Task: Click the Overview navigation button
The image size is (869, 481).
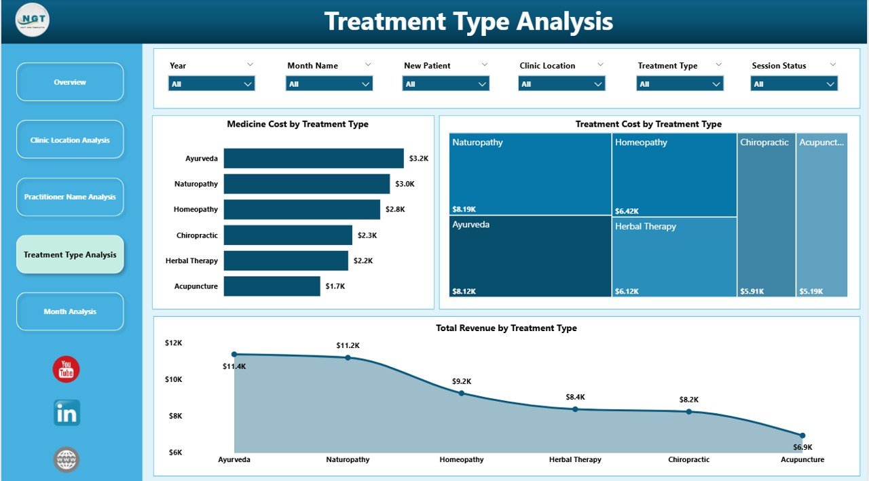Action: click(x=70, y=82)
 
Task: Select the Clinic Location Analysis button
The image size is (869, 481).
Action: click(x=70, y=140)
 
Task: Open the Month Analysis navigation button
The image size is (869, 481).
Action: click(x=70, y=311)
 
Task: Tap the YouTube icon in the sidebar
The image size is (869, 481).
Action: click(x=67, y=369)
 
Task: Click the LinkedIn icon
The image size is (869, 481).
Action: click(x=67, y=412)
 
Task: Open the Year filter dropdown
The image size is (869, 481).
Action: click(x=211, y=84)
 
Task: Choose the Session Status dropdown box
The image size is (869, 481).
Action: click(x=794, y=84)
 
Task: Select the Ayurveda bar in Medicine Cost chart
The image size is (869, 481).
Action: click(x=313, y=158)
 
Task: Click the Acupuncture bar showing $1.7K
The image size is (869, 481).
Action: click(x=272, y=286)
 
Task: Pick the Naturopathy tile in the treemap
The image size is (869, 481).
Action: click(x=530, y=174)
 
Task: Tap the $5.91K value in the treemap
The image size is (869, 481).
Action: click(x=752, y=291)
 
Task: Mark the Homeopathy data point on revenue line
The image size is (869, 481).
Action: click(x=462, y=393)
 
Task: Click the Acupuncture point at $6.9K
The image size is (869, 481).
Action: click(x=802, y=436)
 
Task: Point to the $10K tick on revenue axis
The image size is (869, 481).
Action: click(x=173, y=379)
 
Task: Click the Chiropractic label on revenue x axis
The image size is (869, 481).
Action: click(x=688, y=459)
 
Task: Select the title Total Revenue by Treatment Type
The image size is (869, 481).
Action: click(x=506, y=328)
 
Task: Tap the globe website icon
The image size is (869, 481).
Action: click(x=67, y=459)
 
